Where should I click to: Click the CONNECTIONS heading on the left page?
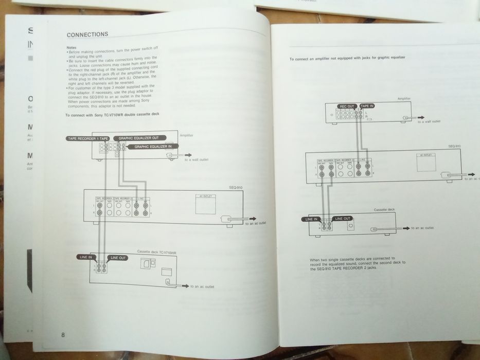click(x=87, y=34)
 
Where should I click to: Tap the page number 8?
click(x=63, y=335)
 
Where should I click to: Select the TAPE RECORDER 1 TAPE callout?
click(x=87, y=139)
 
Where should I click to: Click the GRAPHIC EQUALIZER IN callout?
click(x=153, y=147)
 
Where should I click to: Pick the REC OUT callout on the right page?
click(x=348, y=106)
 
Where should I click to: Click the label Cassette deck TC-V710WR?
click(x=156, y=252)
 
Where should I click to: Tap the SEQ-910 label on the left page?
click(x=236, y=188)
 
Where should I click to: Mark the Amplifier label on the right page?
click(x=404, y=98)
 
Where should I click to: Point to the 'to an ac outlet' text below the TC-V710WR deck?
click(x=202, y=286)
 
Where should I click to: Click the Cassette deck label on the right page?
click(x=384, y=210)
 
